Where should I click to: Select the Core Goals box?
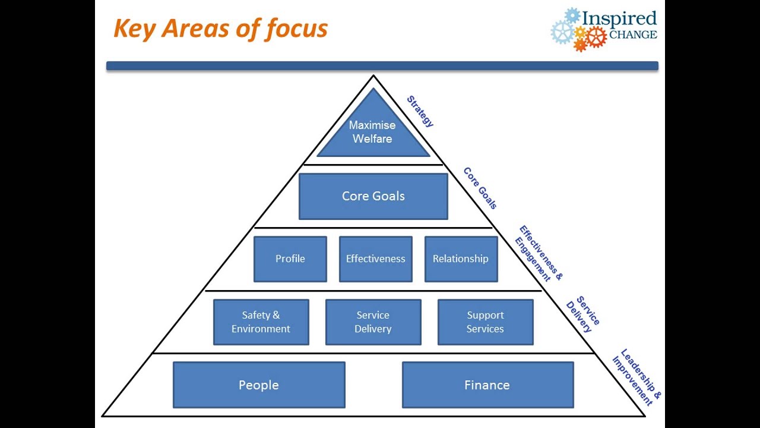pyautogui.click(x=373, y=196)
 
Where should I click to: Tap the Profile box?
pyautogui.click(x=290, y=259)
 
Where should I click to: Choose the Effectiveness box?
pyautogui.click(x=375, y=259)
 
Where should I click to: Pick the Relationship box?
pyautogui.click(x=461, y=259)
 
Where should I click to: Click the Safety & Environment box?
pyautogui.click(x=261, y=322)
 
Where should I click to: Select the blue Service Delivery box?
pyautogui.click(x=373, y=322)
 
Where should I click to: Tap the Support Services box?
pyautogui.click(x=485, y=322)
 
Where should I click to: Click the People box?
pyautogui.click(x=259, y=385)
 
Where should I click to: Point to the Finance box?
pyautogui.click(x=487, y=385)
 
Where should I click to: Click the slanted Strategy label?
pyautogui.click(x=420, y=111)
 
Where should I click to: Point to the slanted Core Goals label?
pyautogui.click(x=480, y=188)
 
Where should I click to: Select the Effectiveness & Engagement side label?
pyautogui.click(x=538, y=253)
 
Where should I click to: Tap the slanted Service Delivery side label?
pyautogui.click(x=582, y=314)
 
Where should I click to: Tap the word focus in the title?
pyautogui.click(x=297, y=29)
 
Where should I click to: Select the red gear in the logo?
pyautogui.click(x=596, y=37)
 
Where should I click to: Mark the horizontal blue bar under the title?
pyautogui.click(x=382, y=66)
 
